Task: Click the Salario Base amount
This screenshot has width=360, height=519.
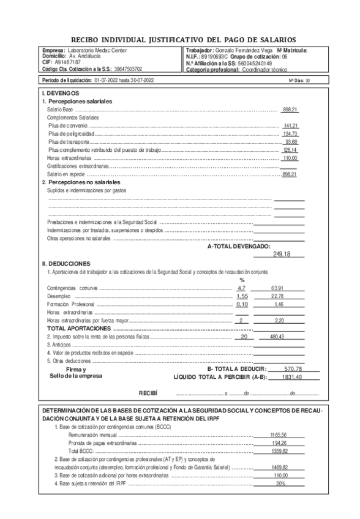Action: coord(290,109)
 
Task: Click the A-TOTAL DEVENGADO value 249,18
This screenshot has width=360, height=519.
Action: coord(281,254)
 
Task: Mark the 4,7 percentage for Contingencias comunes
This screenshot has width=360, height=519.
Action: coord(241,288)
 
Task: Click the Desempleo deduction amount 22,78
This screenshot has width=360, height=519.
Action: coord(277,296)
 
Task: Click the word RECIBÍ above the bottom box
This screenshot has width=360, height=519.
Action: coord(148,392)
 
